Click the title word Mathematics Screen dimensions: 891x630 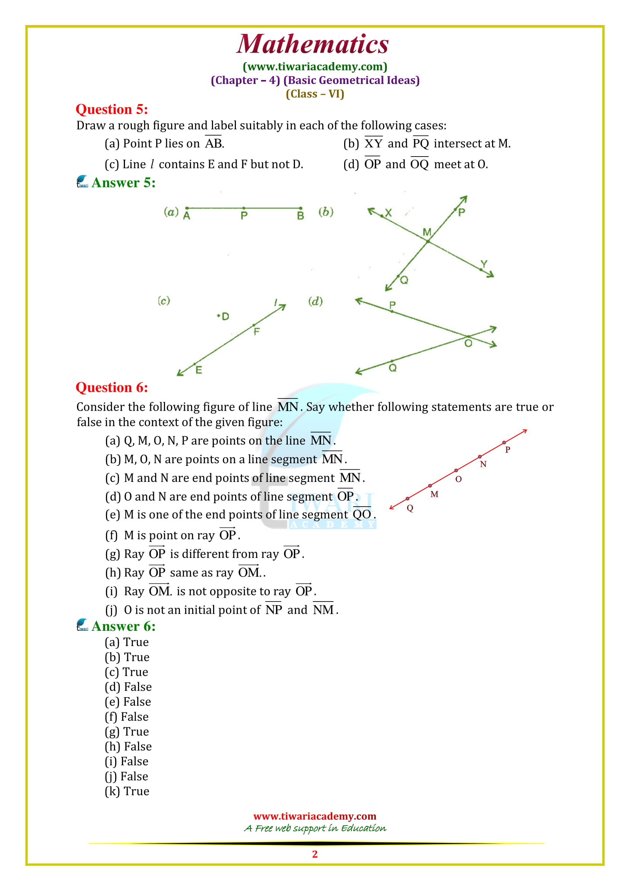coord(313,44)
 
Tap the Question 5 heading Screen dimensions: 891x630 coord(112,109)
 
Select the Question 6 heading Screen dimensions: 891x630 coord(112,387)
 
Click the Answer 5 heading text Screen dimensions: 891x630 coord(123,182)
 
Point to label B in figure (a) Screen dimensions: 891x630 coord(300,216)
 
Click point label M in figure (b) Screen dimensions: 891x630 coord(426,232)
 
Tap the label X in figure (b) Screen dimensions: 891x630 coord(388,212)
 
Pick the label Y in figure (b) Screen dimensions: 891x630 coord(484,264)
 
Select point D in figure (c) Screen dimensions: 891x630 coord(219,316)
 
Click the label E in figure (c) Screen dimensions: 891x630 coord(199,370)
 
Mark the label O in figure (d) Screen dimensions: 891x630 coord(468,344)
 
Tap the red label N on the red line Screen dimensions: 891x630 coord(483,464)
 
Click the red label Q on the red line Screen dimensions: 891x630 coord(410,508)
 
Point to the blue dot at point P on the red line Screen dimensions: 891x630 coord(504,442)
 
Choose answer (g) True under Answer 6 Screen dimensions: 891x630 coord(127,731)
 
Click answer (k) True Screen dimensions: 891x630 coord(127,791)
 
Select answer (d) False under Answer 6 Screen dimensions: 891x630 coord(128,687)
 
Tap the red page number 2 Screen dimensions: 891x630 coord(315,854)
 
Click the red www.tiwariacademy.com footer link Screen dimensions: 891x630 coord(315,816)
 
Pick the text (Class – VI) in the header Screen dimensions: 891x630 coord(315,94)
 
